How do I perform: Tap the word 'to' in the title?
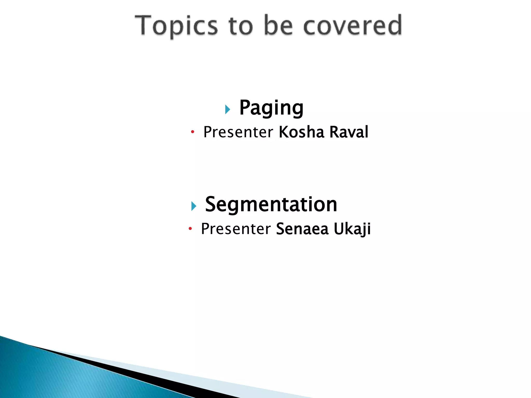coord(241,26)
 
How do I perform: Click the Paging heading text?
coord(271,108)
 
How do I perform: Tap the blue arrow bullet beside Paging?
coord(228,109)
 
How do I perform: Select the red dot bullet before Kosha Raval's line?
coord(192,132)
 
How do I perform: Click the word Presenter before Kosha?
coord(238,132)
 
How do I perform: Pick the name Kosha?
coord(301,132)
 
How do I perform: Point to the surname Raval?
coord(349,132)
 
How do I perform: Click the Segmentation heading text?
coord(271,204)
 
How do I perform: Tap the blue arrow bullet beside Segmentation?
coord(194,206)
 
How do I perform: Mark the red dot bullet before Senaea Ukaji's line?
coord(190,229)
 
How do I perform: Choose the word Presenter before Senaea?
coord(236,229)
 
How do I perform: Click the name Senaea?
coord(302,229)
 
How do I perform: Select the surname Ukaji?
coord(352,229)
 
